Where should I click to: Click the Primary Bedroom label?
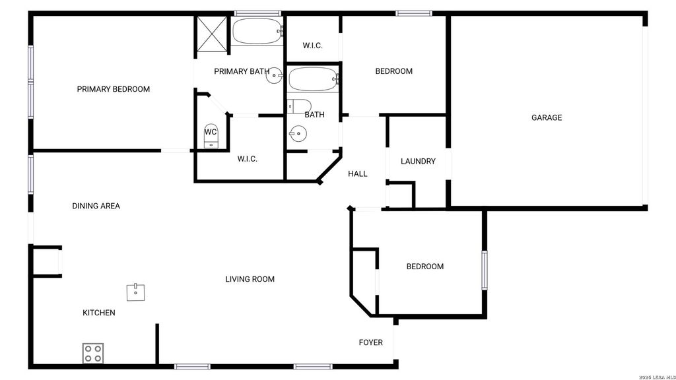114,89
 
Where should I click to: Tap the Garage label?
547,117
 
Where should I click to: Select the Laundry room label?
418,161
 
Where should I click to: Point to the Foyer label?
371,342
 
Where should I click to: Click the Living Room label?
250,279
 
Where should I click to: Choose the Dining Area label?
96,206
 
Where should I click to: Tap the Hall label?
358,174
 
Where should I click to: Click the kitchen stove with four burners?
93,353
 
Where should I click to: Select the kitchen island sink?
136,292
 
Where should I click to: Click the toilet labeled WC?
211,136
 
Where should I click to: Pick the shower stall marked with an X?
212,34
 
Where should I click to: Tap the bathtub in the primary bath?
257,31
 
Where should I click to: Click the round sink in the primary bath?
274,75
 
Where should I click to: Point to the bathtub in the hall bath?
314,79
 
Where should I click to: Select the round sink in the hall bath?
298,133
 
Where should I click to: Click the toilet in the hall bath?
299,106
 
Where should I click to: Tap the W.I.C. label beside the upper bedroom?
312,46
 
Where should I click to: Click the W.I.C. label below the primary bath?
248,159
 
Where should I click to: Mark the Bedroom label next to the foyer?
425,267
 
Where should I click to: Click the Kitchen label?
99,313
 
